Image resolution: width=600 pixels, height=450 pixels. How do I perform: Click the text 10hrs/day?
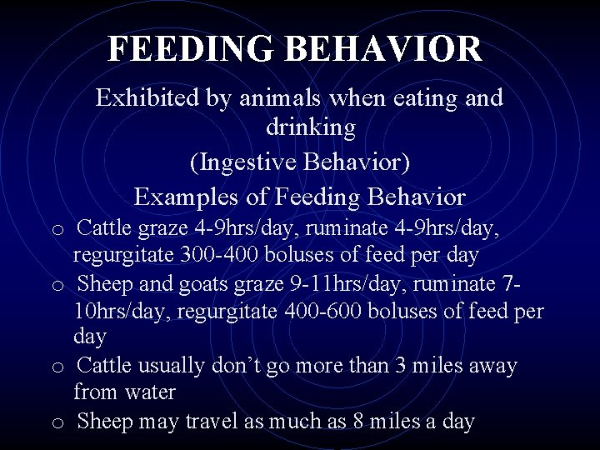click(112, 310)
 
